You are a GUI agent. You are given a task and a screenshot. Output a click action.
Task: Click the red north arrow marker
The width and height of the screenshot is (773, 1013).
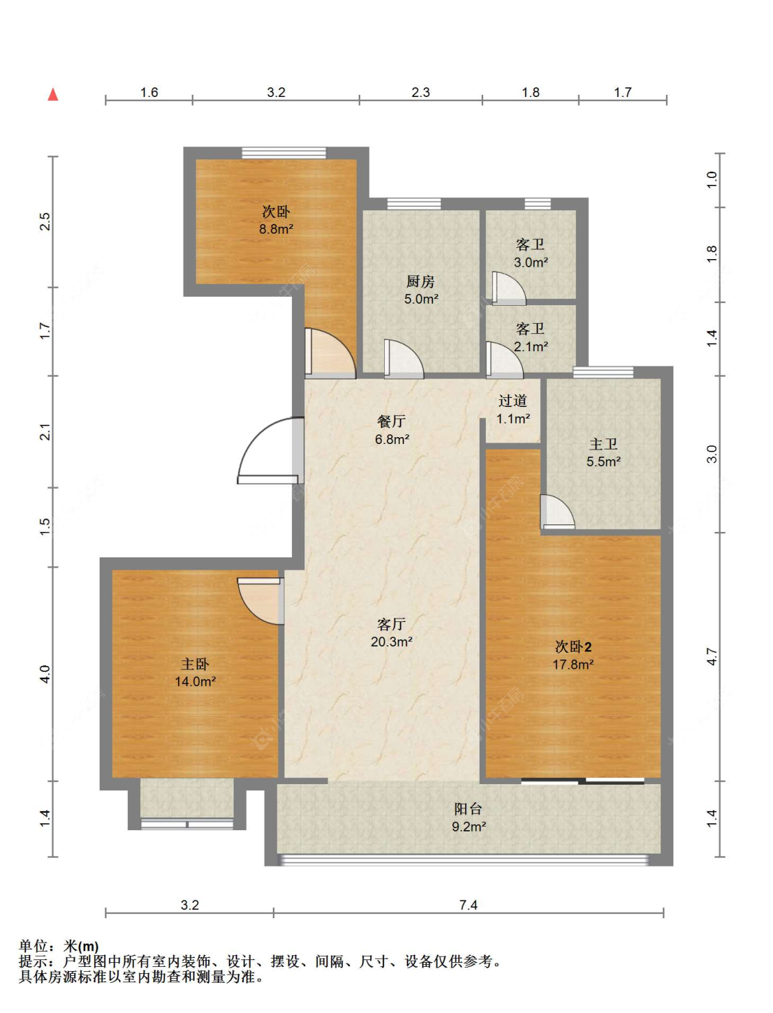(x=53, y=94)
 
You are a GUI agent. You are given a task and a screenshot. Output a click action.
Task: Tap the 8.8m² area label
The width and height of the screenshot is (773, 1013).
(x=276, y=229)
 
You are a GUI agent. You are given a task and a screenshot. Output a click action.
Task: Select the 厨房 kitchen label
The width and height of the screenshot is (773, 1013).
(x=421, y=281)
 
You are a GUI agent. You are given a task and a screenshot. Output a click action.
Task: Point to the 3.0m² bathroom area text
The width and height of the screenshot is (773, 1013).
(x=531, y=262)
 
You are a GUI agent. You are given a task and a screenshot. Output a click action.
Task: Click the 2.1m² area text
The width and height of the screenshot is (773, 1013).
(x=531, y=346)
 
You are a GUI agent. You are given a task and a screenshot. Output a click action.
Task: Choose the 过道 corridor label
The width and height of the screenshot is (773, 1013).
(x=513, y=401)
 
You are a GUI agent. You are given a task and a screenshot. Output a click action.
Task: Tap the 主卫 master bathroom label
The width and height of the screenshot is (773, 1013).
(x=603, y=444)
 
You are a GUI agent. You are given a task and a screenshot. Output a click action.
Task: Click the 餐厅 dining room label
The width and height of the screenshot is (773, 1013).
(x=391, y=421)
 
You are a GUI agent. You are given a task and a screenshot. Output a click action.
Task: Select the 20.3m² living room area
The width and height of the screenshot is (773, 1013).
(x=391, y=641)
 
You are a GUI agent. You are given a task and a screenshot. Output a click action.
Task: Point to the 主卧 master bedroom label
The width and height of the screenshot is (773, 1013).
(x=194, y=664)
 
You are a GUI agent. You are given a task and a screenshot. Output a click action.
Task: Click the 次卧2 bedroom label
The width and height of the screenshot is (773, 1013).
(x=573, y=647)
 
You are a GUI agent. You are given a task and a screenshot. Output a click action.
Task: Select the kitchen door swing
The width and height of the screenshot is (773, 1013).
(x=403, y=359)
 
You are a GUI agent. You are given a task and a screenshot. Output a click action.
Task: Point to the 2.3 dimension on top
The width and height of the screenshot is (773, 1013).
(x=421, y=92)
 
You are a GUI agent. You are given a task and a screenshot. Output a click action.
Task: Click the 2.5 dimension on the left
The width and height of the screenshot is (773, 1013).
(x=45, y=221)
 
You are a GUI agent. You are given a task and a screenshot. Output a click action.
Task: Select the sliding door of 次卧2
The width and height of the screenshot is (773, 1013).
(x=583, y=781)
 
